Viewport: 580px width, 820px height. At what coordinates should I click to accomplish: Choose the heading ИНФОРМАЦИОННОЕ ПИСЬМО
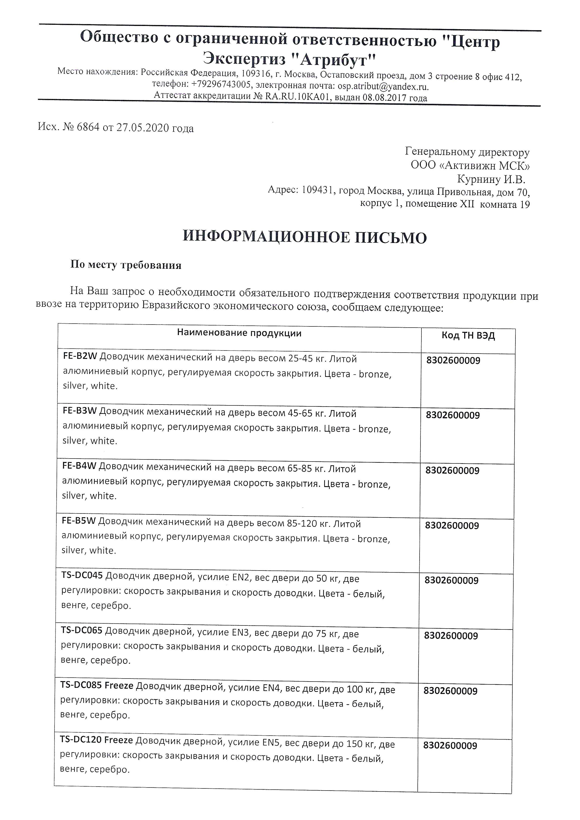(x=305, y=237)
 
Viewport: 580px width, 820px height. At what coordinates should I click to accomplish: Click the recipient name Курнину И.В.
(x=491, y=179)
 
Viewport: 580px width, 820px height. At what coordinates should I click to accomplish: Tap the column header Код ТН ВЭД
(x=468, y=336)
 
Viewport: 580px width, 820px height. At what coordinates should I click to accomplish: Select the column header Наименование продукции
(x=239, y=333)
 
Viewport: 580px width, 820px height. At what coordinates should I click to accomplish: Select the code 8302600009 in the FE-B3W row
(x=453, y=415)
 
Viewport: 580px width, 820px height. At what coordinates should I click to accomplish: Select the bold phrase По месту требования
(x=126, y=265)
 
